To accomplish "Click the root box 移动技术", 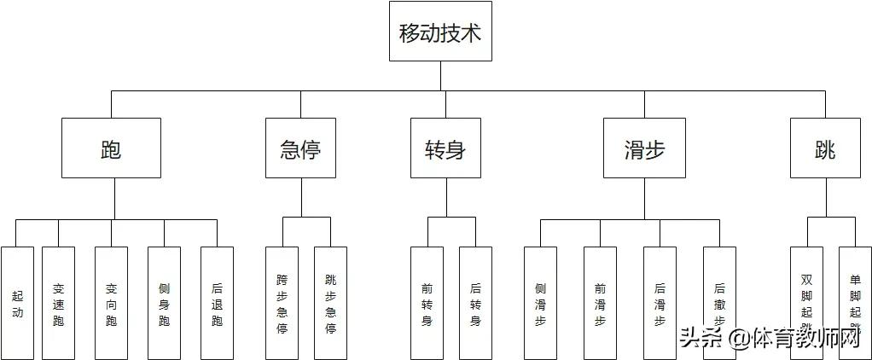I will (440, 32).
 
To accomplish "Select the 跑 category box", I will (111, 148).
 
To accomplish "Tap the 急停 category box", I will (300, 148).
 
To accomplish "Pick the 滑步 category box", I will (644, 148).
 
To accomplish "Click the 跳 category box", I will (825, 148).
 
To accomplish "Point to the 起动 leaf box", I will (18, 303).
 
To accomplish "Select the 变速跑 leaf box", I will (59, 303).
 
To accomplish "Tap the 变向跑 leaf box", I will (112, 303).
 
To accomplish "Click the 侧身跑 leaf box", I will (165, 303).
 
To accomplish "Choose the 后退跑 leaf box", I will (218, 303).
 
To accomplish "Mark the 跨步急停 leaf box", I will (282, 303).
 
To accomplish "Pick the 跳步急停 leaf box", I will (331, 303).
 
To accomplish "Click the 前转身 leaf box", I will (427, 303).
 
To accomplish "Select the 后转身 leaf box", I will (476, 303).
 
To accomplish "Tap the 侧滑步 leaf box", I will (540, 303).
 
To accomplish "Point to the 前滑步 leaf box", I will (601, 303).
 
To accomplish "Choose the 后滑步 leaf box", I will (660, 303).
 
